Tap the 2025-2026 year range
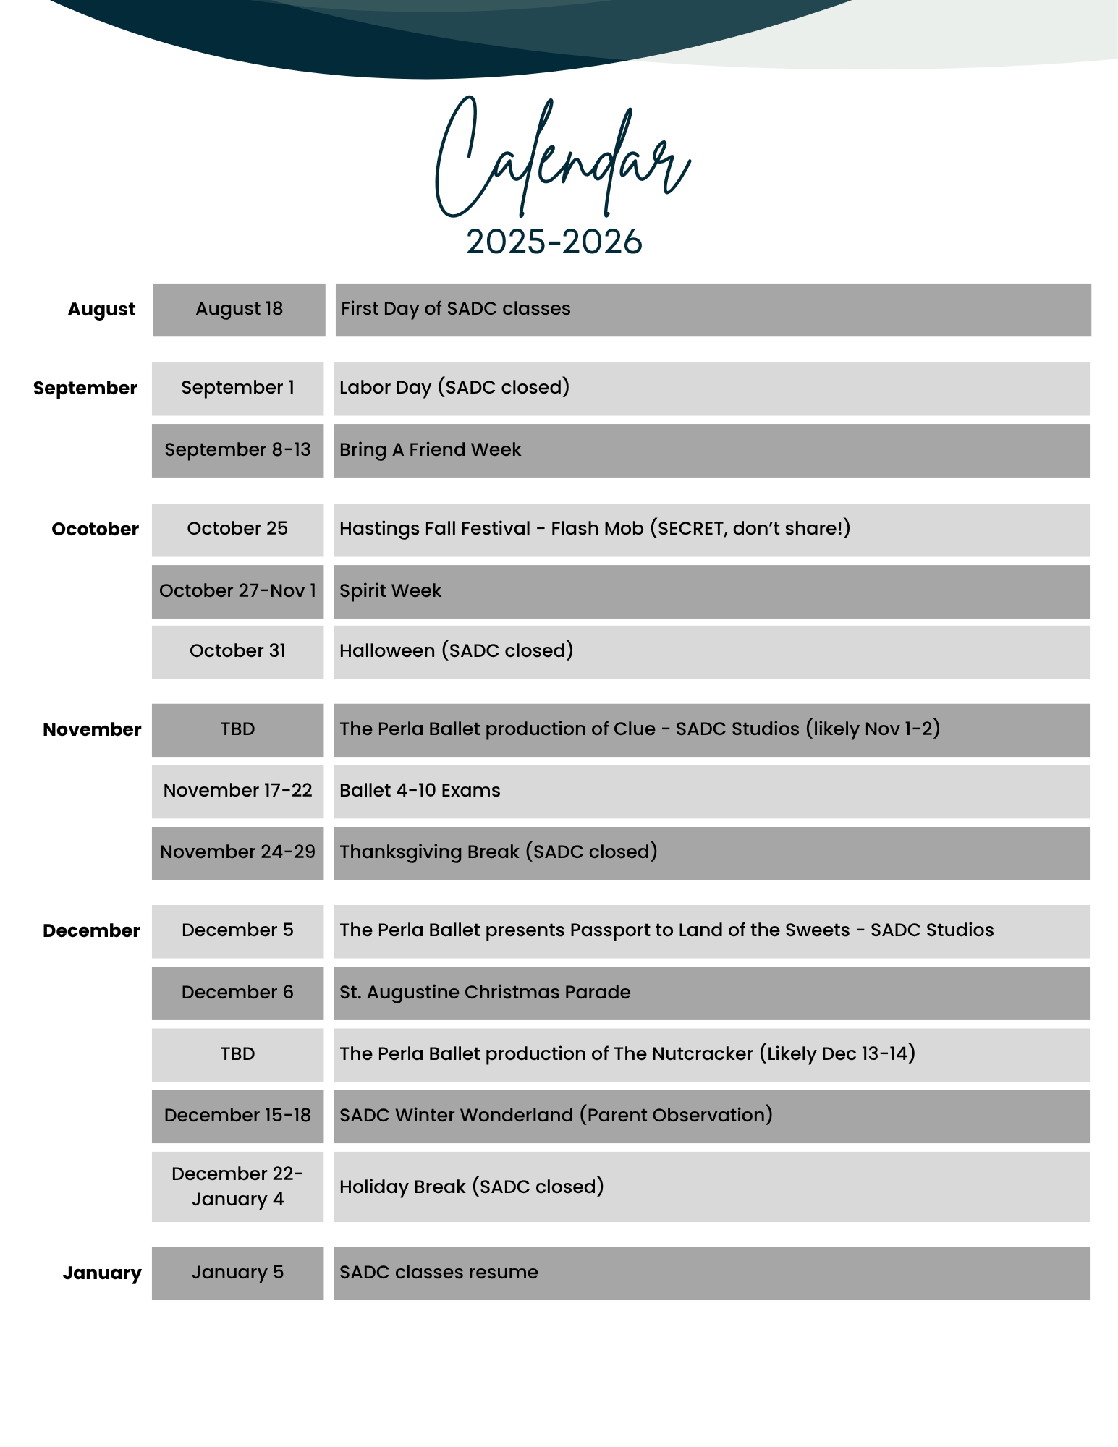tap(554, 242)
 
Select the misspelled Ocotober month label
tap(95, 529)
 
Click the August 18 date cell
tap(239, 309)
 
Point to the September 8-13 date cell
tap(237, 450)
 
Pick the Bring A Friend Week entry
tap(430, 450)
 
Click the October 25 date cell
tap(237, 529)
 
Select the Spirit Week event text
tap(390, 591)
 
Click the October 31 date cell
tap(237, 651)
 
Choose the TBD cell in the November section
tap(237, 729)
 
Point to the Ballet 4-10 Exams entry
tap(420, 791)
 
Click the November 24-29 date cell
tap(237, 852)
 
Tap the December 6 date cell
tap(237, 993)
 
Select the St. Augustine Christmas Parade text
tap(485, 993)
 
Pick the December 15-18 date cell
tap(237, 1116)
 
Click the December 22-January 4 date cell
tap(237, 1187)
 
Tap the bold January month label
tap(102, 1273)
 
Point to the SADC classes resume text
tap(439, 1273)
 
